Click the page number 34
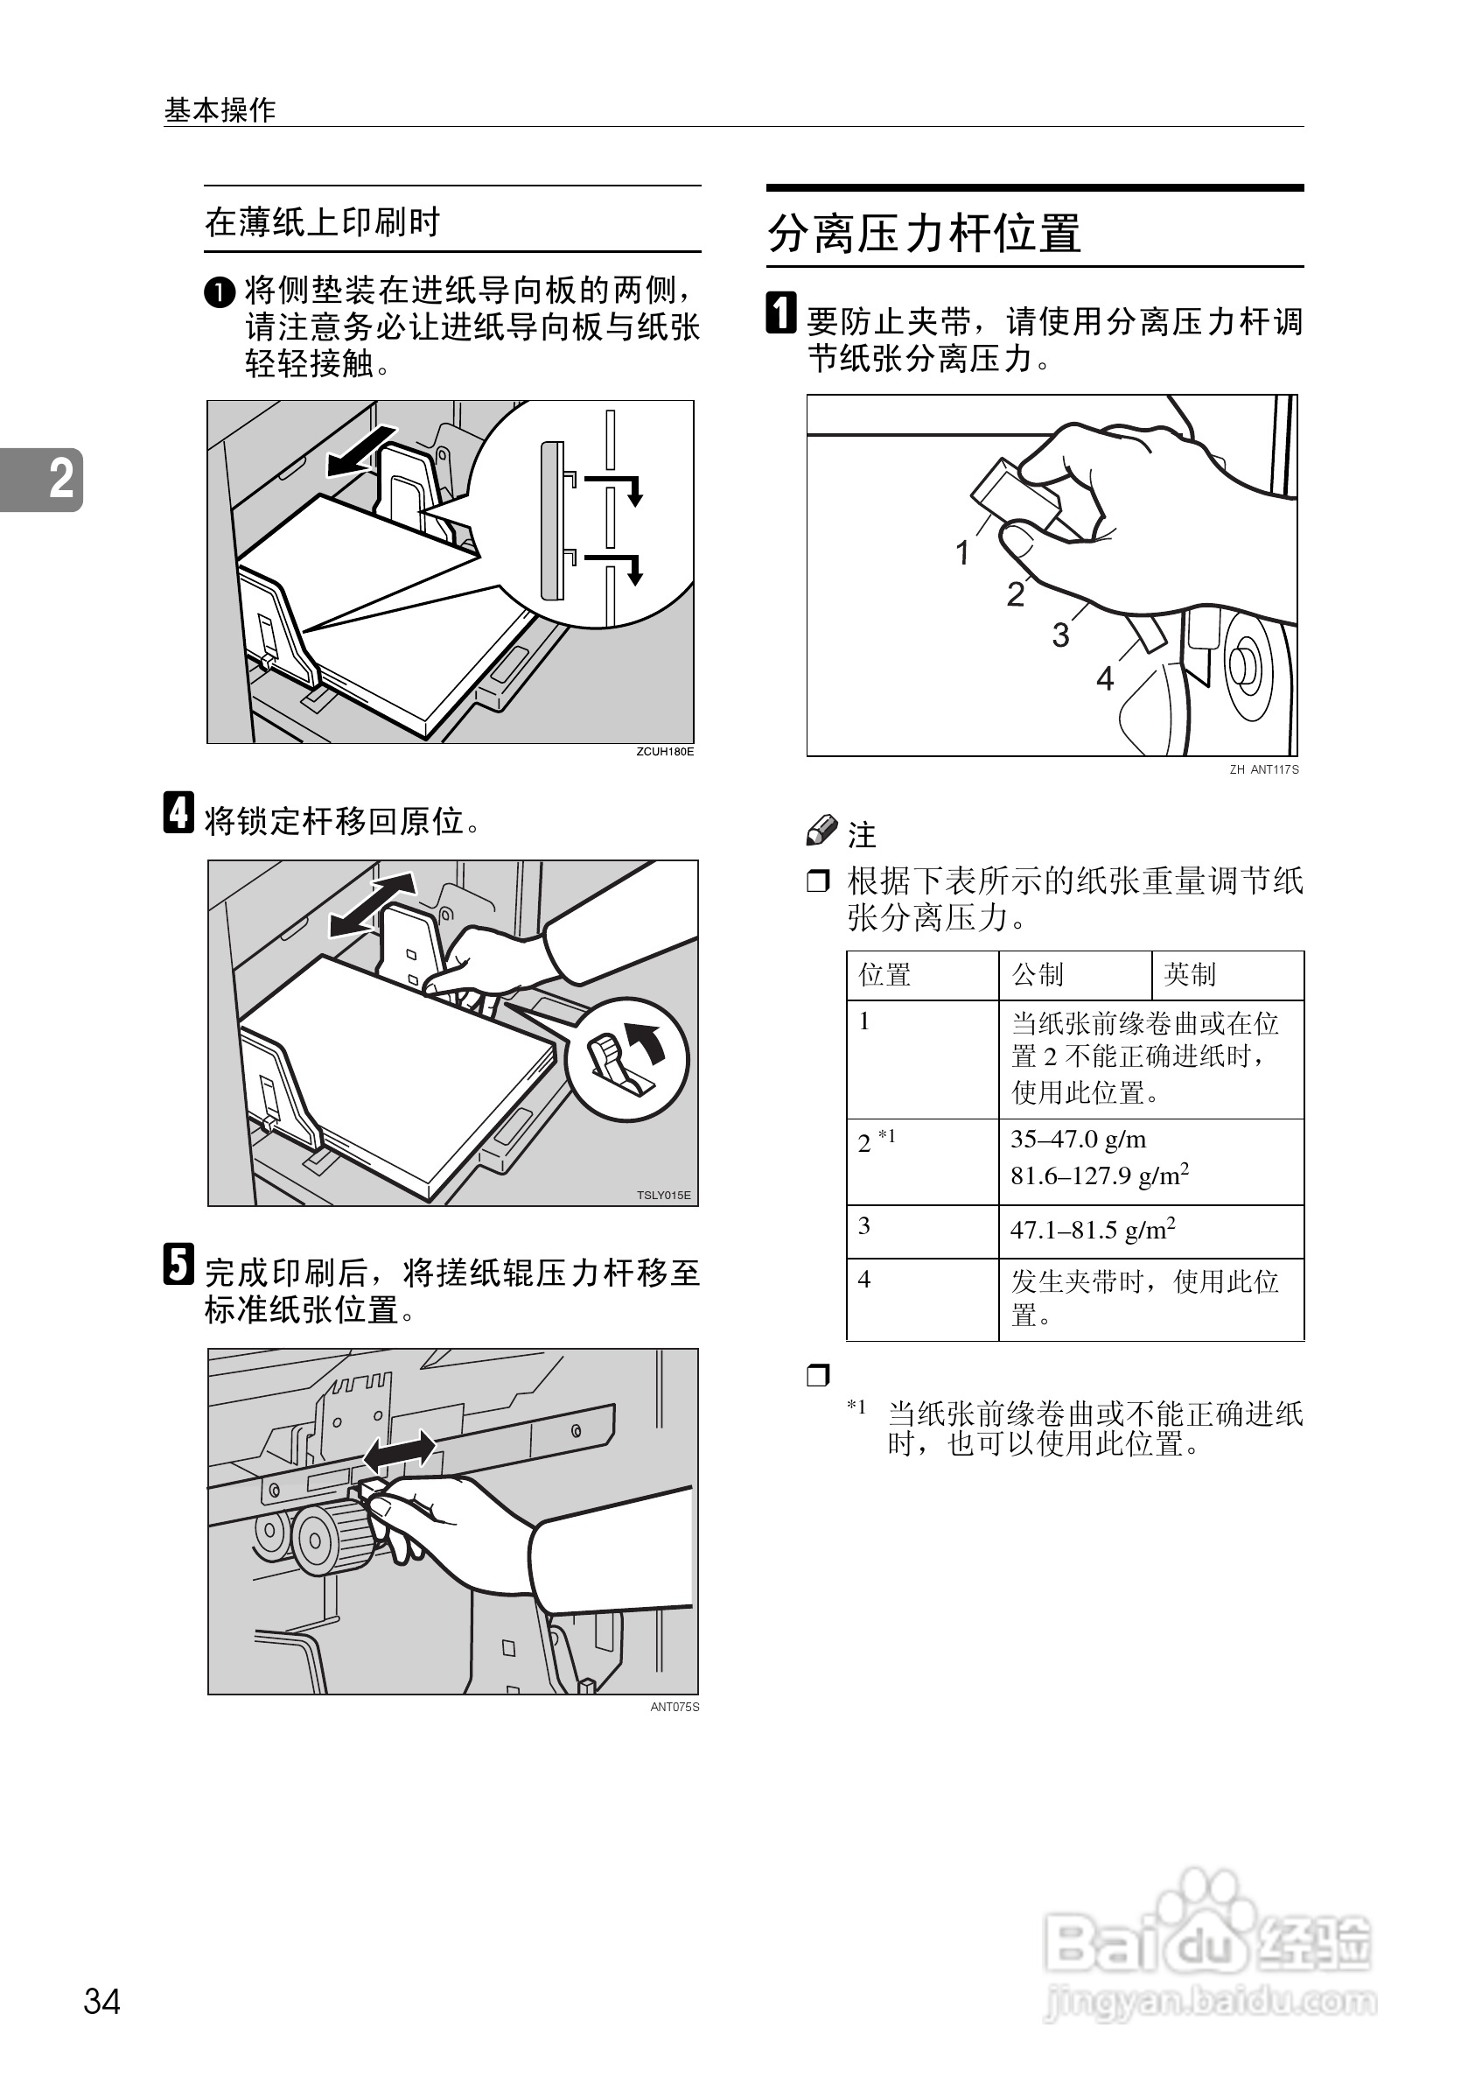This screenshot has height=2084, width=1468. [101, 2001]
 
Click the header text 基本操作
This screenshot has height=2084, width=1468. [220, 109]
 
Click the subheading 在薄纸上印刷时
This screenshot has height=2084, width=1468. [323, 221]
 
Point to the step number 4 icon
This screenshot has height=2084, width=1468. [178, 812]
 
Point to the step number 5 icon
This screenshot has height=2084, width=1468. [178, 1265]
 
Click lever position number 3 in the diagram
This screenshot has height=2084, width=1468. [1059, 635]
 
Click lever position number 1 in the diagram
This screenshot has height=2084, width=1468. [962, 552]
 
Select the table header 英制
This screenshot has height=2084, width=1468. [1190, 975]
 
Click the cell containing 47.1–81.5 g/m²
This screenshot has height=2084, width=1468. [1093, 1230]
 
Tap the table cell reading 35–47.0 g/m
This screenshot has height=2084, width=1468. [1078, 1139]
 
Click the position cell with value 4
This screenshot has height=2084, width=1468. [864, 1280]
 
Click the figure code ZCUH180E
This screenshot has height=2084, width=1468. [664, 752]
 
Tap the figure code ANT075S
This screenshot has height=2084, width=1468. [675, 1707]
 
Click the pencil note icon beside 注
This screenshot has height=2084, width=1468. [821, 830]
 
